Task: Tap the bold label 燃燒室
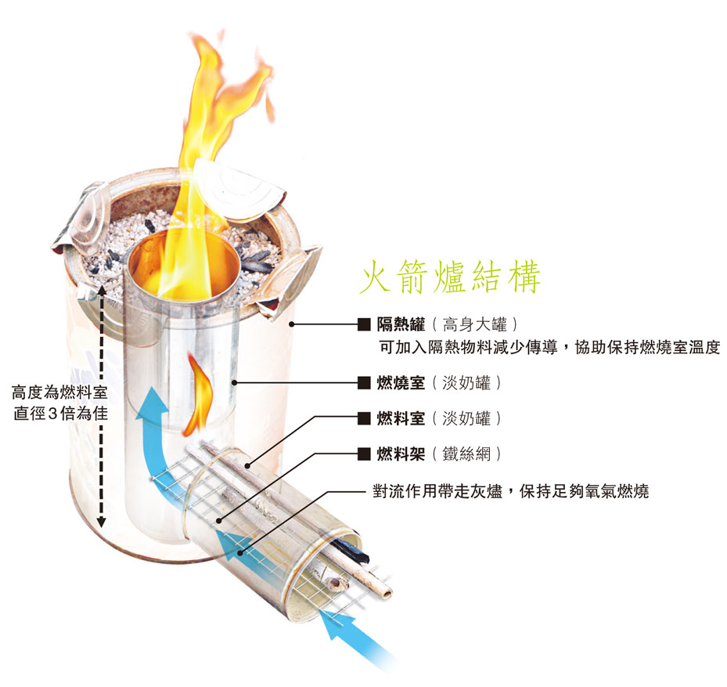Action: pyautogui.click(x=401, y=383)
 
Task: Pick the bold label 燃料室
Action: pyautogui.click(x=401, y=418)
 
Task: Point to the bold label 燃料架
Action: pyautogui.click(x=401, y=454)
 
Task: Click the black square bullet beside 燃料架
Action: pyautogui.click(x=363, y=454)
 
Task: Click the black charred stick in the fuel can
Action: pyautogui.click(x=352, y=551)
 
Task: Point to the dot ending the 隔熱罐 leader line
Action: pyautogui.click(x=291, y=324)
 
